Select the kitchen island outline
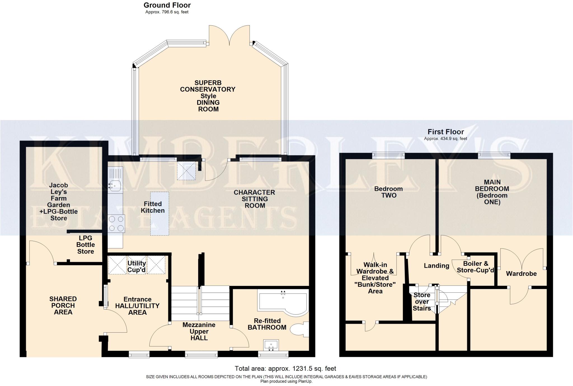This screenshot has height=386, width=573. (160, 214)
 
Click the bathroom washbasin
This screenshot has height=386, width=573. (271, 345)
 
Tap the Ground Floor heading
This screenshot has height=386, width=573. (167, 5)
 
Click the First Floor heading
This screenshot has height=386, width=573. (446, 132)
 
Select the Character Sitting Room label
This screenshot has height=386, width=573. (255, 199)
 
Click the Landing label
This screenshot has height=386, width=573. (436, 266)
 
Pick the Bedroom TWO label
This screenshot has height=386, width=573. (389, 192)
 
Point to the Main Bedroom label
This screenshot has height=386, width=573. (492, 192)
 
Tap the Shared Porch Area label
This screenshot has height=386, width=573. (63, 306)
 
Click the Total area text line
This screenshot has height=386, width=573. (285, 369)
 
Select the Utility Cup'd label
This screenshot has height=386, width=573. (137, 266)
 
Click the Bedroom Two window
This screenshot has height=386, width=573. (388, 155)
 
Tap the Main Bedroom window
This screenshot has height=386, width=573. (494, 155)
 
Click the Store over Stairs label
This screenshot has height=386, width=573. (422, 302)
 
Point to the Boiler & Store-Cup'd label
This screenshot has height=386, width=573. (476, 267)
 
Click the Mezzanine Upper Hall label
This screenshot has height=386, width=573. (199, 331)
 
